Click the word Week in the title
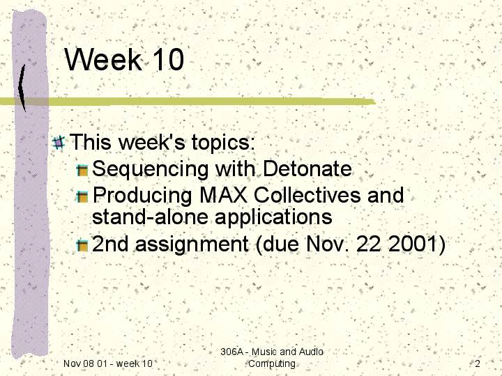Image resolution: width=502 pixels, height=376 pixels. pos(103,59)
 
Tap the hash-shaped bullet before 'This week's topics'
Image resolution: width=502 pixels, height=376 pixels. pos(59,143)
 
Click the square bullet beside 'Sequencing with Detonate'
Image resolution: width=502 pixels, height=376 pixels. pos(82,170)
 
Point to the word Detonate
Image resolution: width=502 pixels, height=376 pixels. pos(307,169)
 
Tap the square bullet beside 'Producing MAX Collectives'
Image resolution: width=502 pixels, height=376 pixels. pos(82,196)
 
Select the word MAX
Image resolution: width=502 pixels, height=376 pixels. pos(224,195)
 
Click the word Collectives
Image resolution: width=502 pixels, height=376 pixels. pos(307,195)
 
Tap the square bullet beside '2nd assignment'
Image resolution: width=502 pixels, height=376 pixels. pos(82,245)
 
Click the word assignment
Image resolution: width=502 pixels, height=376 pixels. pos(192,245)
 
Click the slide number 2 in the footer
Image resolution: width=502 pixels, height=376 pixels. pos(478,363)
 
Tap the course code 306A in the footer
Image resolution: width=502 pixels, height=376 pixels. pos(232,352)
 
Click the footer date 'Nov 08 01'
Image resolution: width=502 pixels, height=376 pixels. pos(84,363)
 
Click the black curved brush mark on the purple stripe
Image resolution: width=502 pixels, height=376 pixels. pos(22,88)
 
